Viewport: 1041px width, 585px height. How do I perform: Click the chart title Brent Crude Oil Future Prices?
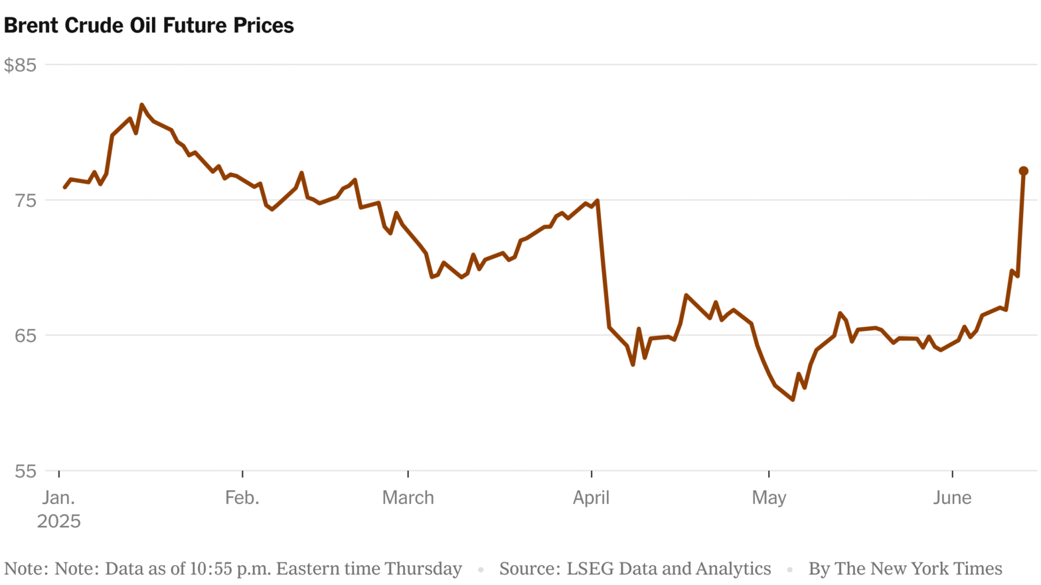[149, 26]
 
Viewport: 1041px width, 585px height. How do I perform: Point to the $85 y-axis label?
[20, 65]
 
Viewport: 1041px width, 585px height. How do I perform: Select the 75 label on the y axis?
[26, 200]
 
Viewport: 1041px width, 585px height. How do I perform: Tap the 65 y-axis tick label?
[26, 336]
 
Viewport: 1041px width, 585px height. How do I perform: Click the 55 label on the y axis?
[26, 472]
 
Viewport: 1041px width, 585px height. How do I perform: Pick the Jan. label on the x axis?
[59, 498]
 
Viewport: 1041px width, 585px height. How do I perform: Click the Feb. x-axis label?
[242, 498]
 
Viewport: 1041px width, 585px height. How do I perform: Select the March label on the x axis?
[408, 498]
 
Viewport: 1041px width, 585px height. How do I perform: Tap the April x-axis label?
[591, 498]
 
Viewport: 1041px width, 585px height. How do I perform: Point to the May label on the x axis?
[769, 498]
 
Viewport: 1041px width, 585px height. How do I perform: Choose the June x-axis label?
[952, 498]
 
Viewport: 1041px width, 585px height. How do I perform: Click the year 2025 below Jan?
[59, 521]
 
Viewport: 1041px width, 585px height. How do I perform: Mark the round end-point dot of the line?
[1023, 171]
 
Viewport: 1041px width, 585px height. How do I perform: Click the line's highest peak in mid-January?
[141, 105]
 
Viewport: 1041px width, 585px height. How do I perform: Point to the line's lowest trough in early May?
[793, 399]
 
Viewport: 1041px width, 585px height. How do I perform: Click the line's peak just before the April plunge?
[598, 200]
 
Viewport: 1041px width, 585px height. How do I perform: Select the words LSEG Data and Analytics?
[669, 569]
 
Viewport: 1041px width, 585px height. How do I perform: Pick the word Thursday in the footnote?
[423, 569]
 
